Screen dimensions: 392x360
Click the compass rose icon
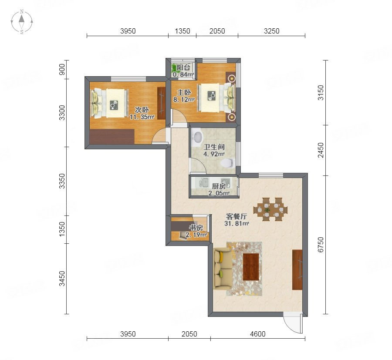click(x=22, y=22)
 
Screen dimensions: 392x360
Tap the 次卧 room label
click(x=142, y=110)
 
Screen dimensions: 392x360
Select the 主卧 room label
click(x=184, y=92)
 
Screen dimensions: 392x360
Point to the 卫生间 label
click(x=214, y=147)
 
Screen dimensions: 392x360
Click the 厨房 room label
click(x=219, y=186)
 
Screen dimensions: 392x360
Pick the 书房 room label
click(x=196, y=228)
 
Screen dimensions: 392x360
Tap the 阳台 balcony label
click(x=183, y=67)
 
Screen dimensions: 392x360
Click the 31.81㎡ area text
click(x=237, y=224)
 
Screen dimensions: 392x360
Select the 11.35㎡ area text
click(x=142, y=117)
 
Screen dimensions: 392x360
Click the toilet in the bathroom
click(x=227, y=163)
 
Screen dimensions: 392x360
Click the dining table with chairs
click(x=270, y=209)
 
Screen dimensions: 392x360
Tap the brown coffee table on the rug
click(x=251, y=267)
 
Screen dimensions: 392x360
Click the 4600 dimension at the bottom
click(x=258, y=334)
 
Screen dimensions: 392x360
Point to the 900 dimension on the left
click(x=62, y=70)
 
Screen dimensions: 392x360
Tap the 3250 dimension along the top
click(x=271, y=31)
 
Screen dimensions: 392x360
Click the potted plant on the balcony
click(x=174, y=68)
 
